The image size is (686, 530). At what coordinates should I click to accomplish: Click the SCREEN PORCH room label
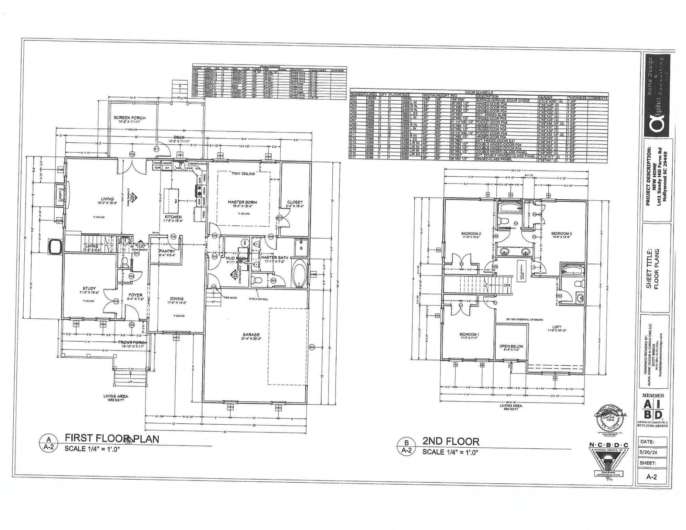coord(129,118)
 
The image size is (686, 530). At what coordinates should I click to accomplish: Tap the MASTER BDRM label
coord(243,202)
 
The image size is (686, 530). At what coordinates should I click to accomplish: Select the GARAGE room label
coord(251,334)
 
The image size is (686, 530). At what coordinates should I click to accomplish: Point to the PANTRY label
coord(167,251)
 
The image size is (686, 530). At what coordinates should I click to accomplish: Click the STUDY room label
coord(89,288)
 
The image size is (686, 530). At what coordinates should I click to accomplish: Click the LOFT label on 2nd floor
coord(557,327)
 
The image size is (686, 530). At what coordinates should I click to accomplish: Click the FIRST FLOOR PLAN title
coord(112,438)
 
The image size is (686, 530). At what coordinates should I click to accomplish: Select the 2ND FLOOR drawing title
coord(450,441)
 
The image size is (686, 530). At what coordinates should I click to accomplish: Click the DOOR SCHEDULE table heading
coord(479,92)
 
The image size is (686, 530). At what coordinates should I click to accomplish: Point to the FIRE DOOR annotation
coord(230,298)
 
